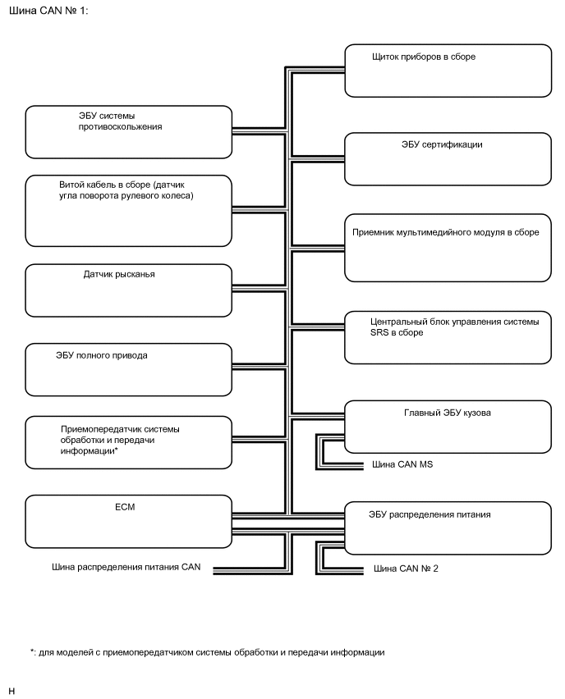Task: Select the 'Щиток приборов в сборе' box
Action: pyautogui.click(x=448, y=71)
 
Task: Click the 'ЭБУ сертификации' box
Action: pyautogui.click(x=448, y=160)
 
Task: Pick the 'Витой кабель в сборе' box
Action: pyautogui.click(x=128, y=211)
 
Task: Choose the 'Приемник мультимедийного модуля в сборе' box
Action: pyautogui.click(x=448, y=249)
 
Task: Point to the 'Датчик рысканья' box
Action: pyautogui.click(x=128, y=290)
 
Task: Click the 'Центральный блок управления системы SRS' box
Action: pyautogui.click(x=448, y=337)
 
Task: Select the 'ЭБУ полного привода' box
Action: pyautogui.click(x=128, y=370)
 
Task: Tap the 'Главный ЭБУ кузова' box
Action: pyautogui.click(x=448, y=426)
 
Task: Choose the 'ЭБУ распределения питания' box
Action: pyautogui.click(x=448, y=528)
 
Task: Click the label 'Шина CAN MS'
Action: pyautogui.click(x=403, y=465)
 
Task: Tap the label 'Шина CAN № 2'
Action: pyautogui.click(x=406, y=568)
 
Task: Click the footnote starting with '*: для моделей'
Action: pyautogui.click(x=207, y=652)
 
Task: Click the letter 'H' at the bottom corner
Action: pyautogui.click(x=11, y=691)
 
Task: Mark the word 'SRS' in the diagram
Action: pyautogui.click(x=359, y=332)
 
